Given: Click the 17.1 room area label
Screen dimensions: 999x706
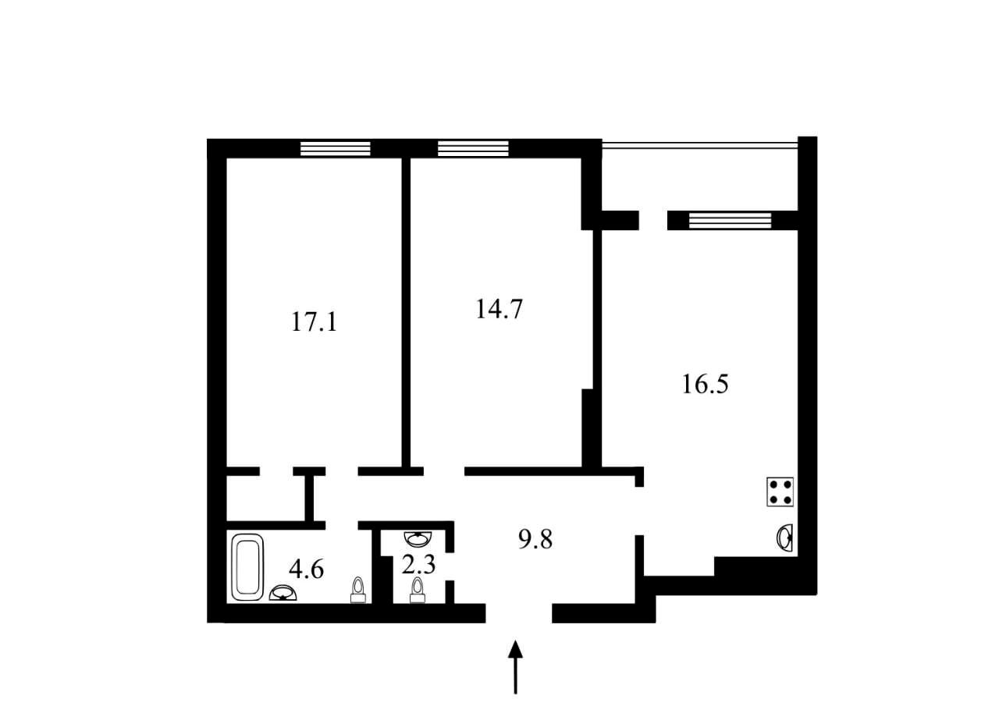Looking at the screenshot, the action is point(314,321).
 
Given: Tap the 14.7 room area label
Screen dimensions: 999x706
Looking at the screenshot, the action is point(499,309).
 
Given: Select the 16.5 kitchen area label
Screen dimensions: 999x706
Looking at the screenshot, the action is point(705,384).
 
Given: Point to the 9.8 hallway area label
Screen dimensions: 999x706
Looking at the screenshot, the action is point(535,539).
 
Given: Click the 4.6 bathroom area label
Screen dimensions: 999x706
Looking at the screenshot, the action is point(306,569).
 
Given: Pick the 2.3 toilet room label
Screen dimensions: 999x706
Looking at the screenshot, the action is point(418,565).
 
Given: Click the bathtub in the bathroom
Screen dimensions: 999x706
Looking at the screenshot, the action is point(248,567).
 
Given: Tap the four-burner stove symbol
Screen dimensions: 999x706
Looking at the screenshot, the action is point(780,491).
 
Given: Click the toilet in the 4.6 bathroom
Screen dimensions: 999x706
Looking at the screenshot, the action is point(357,590).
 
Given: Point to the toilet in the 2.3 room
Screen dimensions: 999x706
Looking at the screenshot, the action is point(418,590).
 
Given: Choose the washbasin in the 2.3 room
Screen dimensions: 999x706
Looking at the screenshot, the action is point(418,539).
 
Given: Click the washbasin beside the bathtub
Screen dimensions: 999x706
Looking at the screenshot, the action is point(283,593).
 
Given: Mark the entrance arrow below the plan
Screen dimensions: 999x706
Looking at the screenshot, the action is point(515,667).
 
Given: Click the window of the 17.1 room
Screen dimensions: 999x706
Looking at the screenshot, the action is point(336,149).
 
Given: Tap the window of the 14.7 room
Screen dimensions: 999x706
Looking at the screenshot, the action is point(473,149).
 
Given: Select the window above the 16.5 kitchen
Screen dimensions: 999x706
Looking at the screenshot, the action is point(730,221).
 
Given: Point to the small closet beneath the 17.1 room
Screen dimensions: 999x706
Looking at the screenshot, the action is point(266,498).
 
